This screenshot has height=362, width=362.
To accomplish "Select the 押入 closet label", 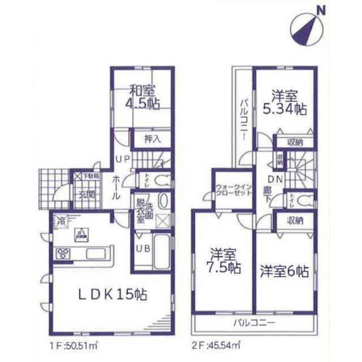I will click(x=151, y=139).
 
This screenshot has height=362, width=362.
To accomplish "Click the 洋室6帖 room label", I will click(x=284, y=271).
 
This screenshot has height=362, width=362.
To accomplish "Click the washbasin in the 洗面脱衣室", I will click(x=163, y=201).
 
